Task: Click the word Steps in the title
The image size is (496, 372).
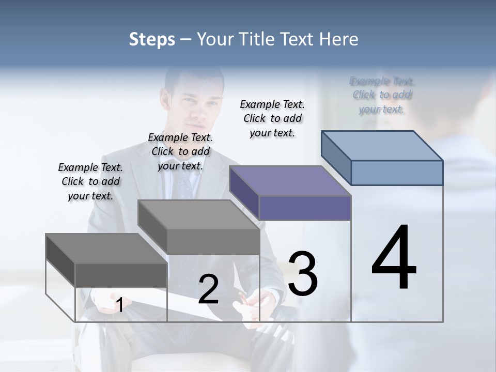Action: [151, 40]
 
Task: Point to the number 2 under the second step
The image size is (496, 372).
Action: [208, 289]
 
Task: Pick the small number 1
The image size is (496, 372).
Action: [119, 305]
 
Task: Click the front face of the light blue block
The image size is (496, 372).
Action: [397, 173]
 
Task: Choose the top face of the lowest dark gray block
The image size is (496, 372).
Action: [106, 249]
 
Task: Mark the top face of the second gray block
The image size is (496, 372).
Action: [198, 214]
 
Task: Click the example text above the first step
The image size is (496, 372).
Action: [90, 181]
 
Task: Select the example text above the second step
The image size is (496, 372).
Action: [180, 151]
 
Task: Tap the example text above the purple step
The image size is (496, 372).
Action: [272, 118]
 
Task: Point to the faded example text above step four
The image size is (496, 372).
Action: [382, 95]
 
